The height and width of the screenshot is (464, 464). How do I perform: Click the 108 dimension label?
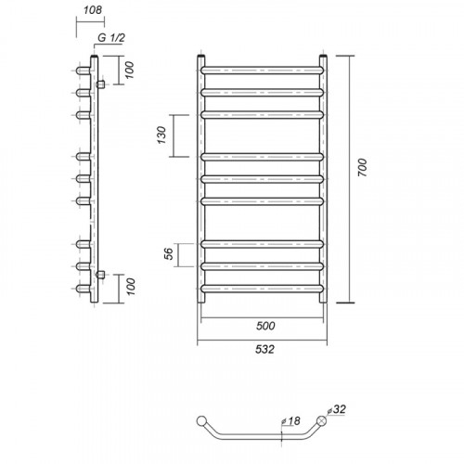click(x=93, y=10)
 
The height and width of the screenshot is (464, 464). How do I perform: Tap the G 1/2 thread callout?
click(x=111, y=38)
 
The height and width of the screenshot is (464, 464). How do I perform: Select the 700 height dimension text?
click(x=362, y=167)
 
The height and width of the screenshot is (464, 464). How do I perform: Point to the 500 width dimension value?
click(x=265, y=326)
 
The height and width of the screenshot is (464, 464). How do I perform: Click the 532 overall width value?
click(x=264, y=349)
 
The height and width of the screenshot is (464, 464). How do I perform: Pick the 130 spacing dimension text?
click(x=161, y=135)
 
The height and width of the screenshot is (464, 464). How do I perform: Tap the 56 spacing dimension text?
click(x=169, y=254)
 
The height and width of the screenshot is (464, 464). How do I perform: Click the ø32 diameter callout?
click(x=336, y=409)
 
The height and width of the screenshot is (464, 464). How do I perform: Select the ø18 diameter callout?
click(x=290, y=421)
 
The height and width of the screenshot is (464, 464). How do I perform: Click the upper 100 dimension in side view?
click(x=130, y=70)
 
